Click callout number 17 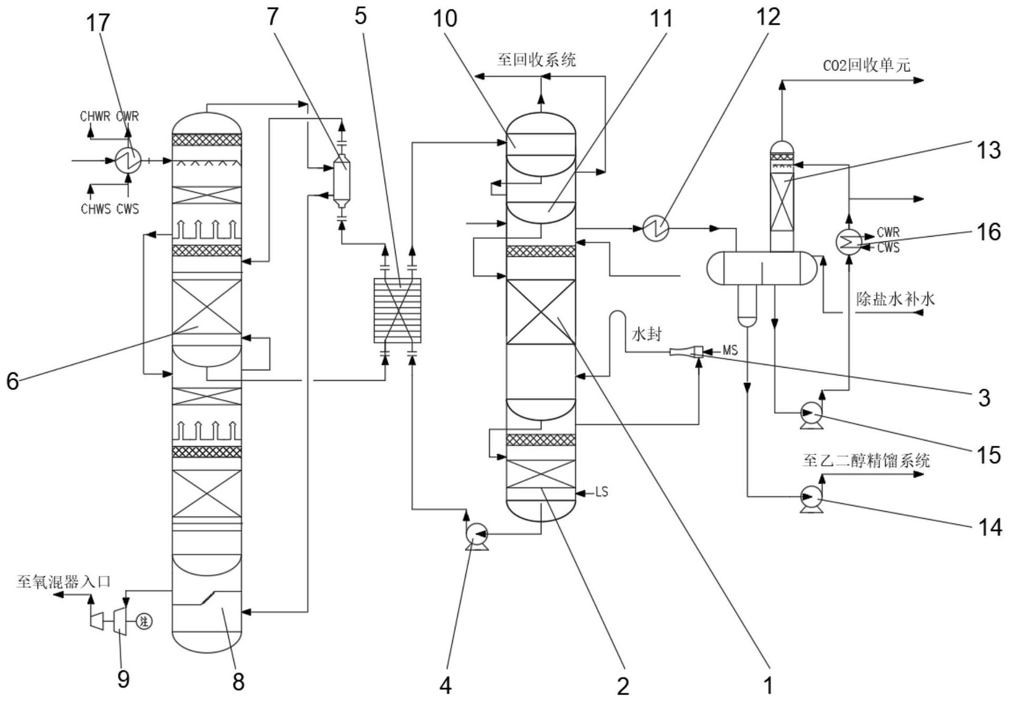[98, 23]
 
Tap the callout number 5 [360, 16]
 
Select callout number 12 [768, 17]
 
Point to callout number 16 [988, 231]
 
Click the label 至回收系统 [536, 60]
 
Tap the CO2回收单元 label [867, 65]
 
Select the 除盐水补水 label [895, 299]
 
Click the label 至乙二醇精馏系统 [866, 461]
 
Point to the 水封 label [647, 334]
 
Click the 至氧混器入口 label [63, 582]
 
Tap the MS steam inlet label [730, 350]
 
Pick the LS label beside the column [602, 492]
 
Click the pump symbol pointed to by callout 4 [476, 535]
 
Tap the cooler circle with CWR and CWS [848, 241]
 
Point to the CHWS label [96, 209]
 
